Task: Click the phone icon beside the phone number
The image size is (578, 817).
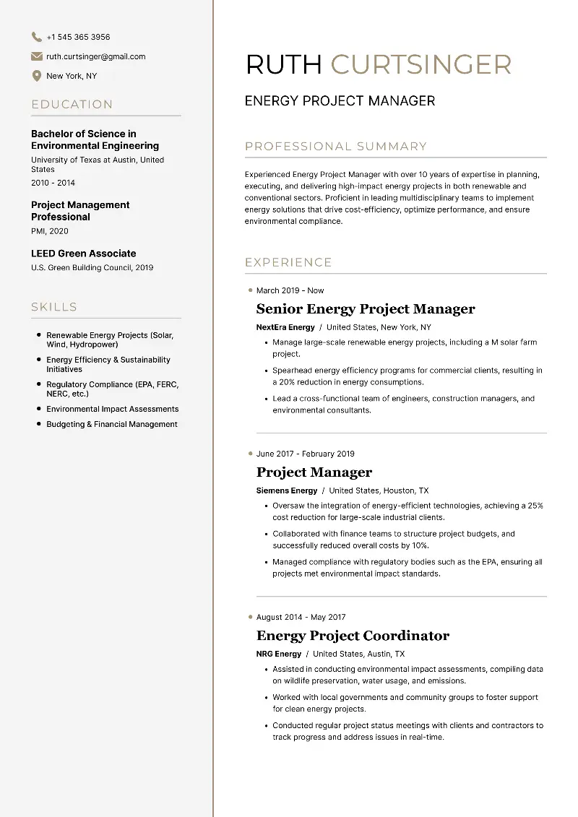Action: point(36,37)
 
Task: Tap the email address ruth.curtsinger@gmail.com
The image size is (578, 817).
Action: point(95,56)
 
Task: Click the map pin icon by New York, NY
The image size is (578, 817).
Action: point(36,76)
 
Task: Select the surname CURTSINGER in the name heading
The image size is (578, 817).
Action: point(420,65)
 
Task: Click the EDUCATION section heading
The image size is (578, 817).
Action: point(72,105)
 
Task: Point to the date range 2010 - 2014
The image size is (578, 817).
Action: point(53,183)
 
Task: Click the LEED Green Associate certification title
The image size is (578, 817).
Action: point(83,254)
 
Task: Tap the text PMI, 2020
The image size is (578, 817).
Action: point(50,231)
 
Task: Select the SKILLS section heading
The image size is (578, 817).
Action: point(54,307)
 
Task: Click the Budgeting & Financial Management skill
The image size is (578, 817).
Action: point(111,425)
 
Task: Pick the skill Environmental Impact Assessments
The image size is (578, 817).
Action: point(112,409)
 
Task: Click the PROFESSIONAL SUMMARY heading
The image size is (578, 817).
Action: point(336,147)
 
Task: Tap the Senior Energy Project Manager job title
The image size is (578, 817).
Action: point(366,309)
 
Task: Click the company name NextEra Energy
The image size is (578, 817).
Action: point(285,327)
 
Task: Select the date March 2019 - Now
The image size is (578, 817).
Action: point(290,290)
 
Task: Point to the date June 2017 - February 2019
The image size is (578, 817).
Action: point(305,454)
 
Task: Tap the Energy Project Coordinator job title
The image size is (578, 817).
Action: point(353,636)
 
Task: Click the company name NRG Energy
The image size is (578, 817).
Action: point(278,654)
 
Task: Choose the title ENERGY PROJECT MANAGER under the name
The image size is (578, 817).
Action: point(340,101)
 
